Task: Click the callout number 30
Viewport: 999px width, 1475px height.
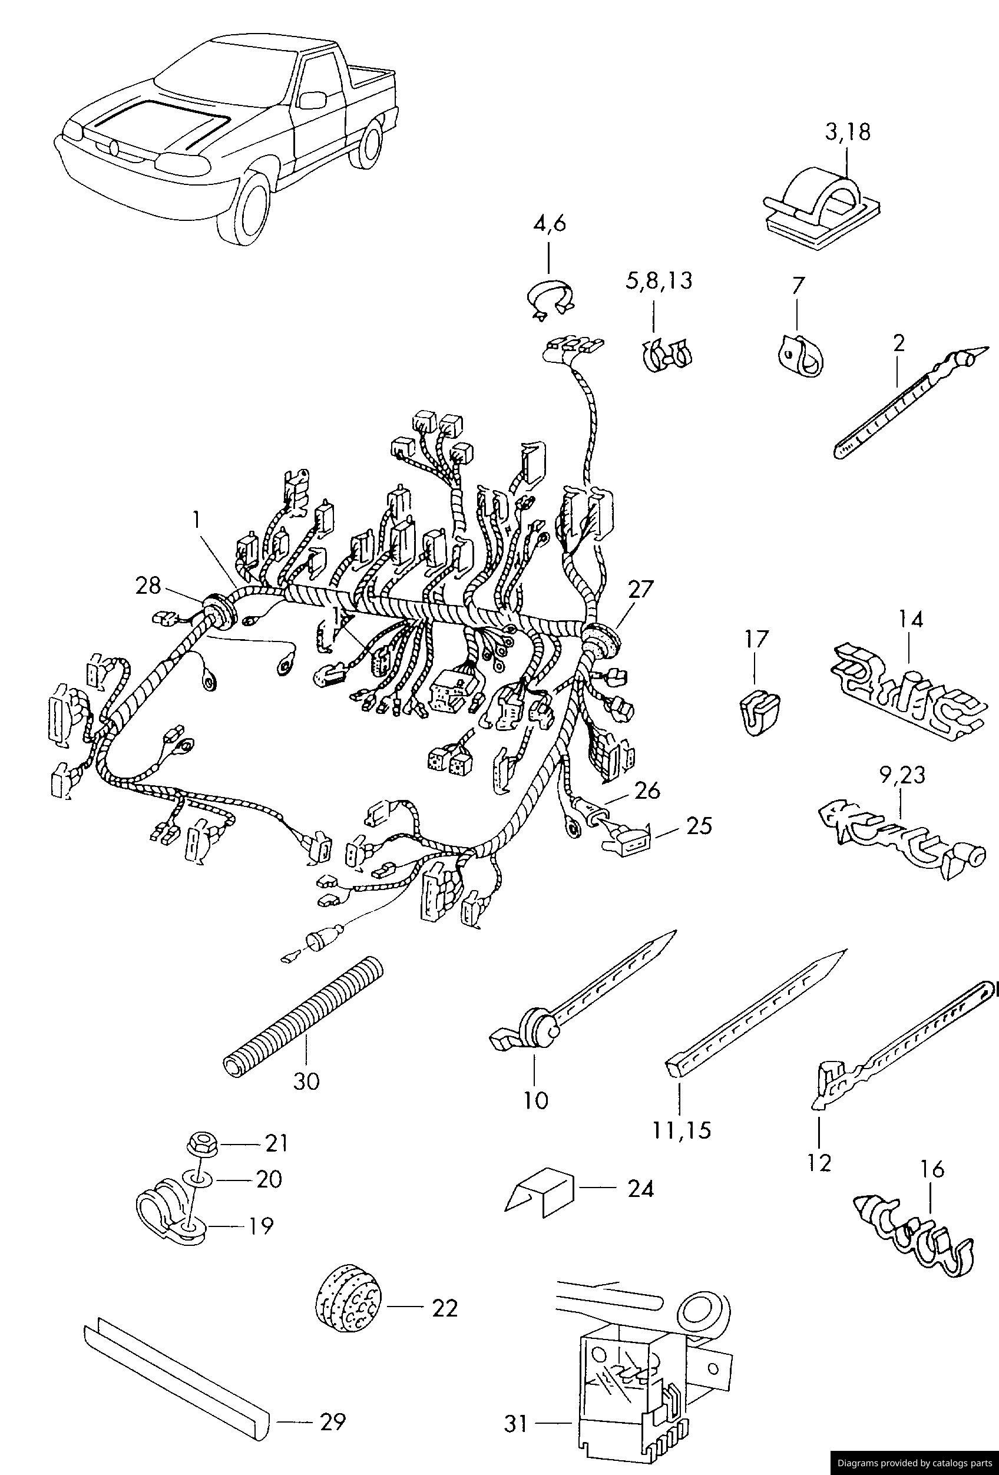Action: tap(306, 1081)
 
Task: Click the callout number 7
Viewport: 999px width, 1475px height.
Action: tap(798, 286)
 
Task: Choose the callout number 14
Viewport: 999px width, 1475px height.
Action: tap(910, 620)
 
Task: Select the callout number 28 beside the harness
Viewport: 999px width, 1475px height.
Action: tap(148, 585)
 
